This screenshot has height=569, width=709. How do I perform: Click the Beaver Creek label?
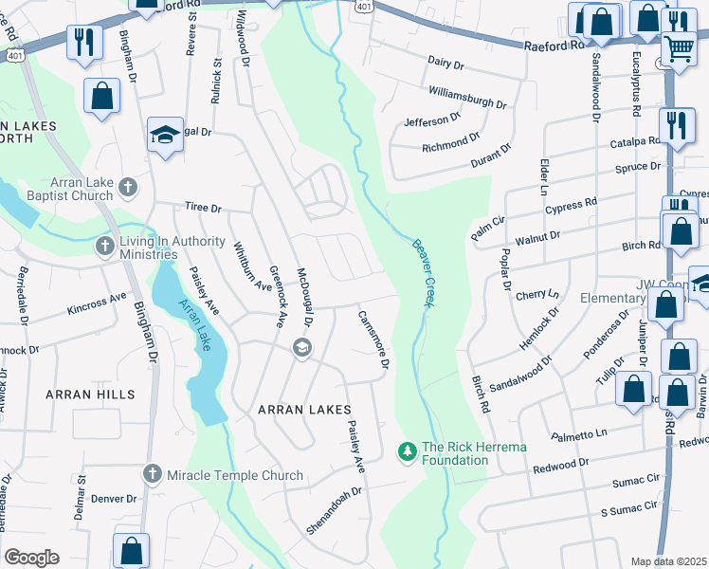423,270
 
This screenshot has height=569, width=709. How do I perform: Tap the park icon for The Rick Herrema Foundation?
407,451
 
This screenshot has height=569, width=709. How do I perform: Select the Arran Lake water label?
194,325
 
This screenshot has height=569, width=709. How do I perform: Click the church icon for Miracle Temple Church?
152,472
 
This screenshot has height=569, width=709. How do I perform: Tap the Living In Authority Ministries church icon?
105,247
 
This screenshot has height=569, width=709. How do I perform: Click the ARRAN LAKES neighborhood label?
299,410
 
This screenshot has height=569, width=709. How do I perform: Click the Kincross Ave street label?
97,303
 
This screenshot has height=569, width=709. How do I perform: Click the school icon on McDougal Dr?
302,348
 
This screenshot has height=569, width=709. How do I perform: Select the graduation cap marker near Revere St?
165,137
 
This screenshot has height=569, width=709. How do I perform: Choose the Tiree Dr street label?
202,208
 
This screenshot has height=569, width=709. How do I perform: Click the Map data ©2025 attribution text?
668,561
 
